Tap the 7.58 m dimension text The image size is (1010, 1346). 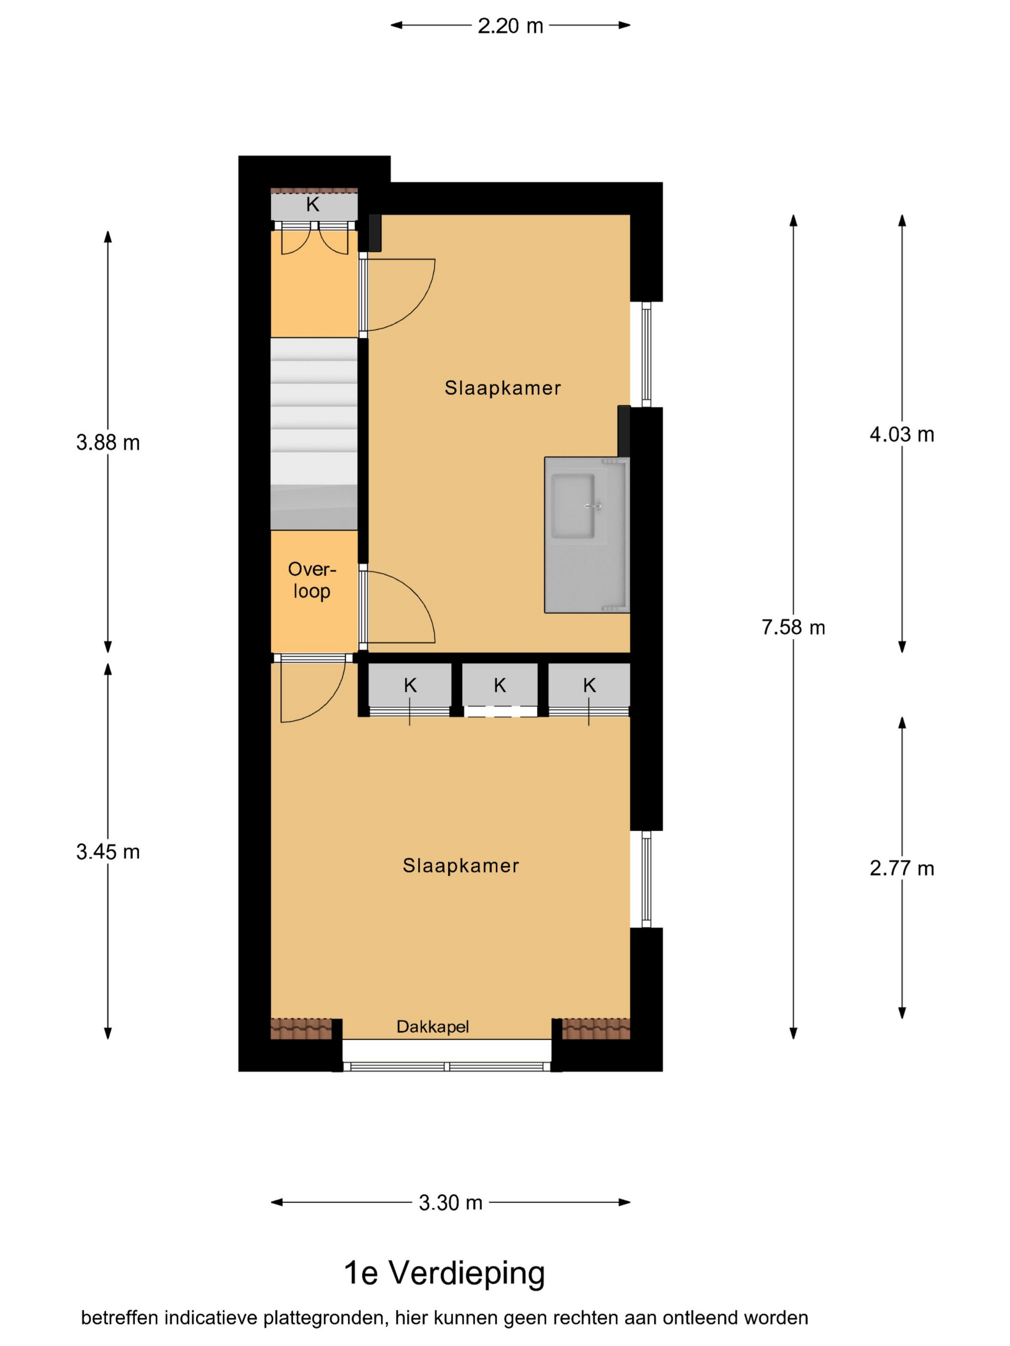click(793, 627)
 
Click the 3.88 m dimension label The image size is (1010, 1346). click(108, 442)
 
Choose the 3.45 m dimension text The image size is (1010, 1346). click(108, 852)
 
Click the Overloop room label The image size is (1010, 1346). click(312, 580)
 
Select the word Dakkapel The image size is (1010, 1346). click(432, 1027)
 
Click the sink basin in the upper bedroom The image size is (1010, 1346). click(572, 506)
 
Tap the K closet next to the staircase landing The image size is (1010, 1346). click(314, 204)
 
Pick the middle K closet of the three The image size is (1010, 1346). click(499, 685)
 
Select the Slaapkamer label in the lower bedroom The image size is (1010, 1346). click(460, 866)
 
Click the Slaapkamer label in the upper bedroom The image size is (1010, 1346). click(502, 388)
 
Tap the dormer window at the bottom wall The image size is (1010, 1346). click(447, 1066)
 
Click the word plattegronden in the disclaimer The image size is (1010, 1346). click(325, 1318)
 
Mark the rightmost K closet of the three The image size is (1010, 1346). click(589, 685)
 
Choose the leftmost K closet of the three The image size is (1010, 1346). click(410, 685)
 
